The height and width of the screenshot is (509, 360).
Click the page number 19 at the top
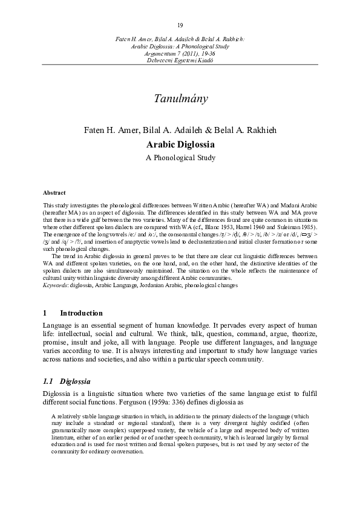point(180,25)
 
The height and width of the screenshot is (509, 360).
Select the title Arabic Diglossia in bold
point(180,145)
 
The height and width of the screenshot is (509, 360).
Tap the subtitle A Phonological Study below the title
point(180,158)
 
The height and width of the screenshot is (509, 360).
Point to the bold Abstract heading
point(54,192)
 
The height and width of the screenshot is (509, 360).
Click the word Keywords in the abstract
point(55,285)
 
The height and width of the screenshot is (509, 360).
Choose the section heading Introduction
point(81,313)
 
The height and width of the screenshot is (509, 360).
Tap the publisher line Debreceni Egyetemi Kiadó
point(180,60)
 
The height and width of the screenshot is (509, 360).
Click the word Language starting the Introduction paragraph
point(59,325)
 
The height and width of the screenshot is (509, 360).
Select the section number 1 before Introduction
point(45,313)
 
